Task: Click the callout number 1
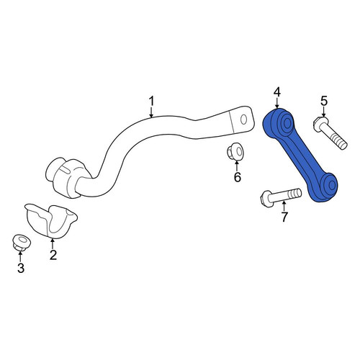[x=151, y=102]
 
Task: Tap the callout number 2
[x=53, y=255]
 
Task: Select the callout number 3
[x=21, y=268]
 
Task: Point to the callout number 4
[x=277, y=92]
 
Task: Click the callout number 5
[x=324, y=101]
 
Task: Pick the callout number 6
[x=238, y=177]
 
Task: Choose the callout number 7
[x=284, y=217]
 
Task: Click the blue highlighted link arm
[x=300, y=154]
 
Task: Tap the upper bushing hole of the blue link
[x=287, y=124]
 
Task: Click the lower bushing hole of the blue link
[x=332, y=185]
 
